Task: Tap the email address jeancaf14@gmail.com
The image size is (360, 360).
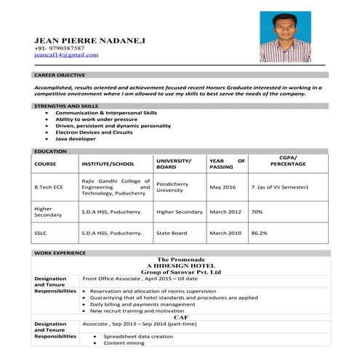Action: (x=66, y=55)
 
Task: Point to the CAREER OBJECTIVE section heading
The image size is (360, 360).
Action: (x=60, y=75)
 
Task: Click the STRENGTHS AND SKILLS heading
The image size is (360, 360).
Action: (x=66, y=106)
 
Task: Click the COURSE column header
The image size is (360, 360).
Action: (x=45, y=164)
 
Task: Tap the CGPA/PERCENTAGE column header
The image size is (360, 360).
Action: (x=288, y=161)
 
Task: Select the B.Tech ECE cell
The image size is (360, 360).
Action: (x=49, y=187)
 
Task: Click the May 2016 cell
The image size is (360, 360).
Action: (x=223, y=187)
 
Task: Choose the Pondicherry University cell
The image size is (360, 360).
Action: (x=172, y=186)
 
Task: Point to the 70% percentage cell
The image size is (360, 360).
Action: (x=257, y=212)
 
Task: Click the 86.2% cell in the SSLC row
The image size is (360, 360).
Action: (x=259, y=233)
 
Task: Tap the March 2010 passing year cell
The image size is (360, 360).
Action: (x=225, y=233)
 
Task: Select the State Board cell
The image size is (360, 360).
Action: (x=172, y=233)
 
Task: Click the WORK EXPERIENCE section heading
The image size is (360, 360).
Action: (x=60, y=252)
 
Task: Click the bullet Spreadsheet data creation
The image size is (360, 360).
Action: (x=138, y=337)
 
